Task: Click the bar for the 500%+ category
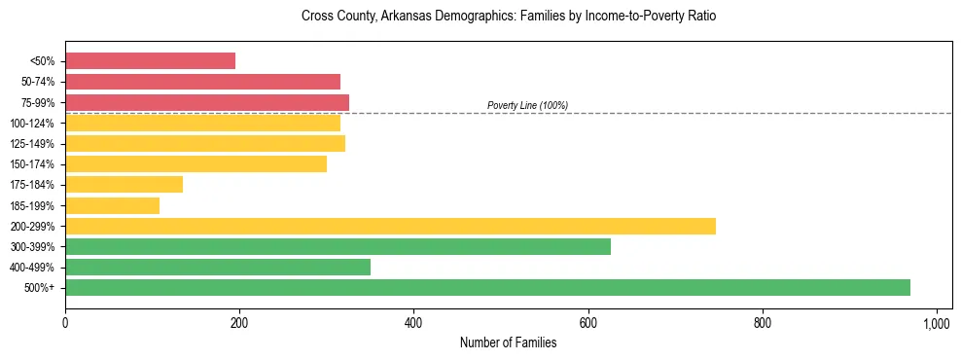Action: coord(487,288)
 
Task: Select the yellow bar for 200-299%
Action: coord(390,226)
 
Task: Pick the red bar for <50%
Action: coord(150,61)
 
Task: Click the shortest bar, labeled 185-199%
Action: coord(112,205)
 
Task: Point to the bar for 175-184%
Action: coord(124,185)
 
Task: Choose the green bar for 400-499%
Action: coord(218,268)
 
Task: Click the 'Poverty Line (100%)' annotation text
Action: coord(527,105)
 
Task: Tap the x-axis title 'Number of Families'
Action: coord(508,342)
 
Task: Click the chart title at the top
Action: coord(508,17)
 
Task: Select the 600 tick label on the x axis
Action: coord(588,322)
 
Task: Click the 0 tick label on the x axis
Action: coord(65,322)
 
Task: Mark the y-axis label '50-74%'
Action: coord(38,82)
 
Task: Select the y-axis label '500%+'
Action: coord(40,288)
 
